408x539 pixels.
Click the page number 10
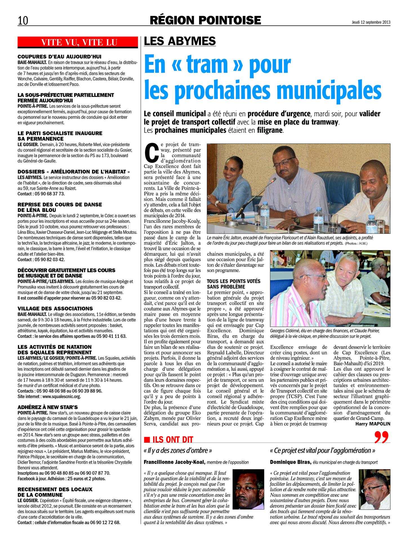coord(23,20)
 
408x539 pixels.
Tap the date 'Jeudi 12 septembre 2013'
coord(371,22)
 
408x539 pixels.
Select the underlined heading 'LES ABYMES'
coord(180,41)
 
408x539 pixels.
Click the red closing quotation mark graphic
coord(382,437)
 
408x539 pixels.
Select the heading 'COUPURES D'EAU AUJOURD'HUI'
coord(59,56)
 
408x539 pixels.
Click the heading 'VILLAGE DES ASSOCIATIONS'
coord(55,309)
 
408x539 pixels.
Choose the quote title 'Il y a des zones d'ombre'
coord(178,450)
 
